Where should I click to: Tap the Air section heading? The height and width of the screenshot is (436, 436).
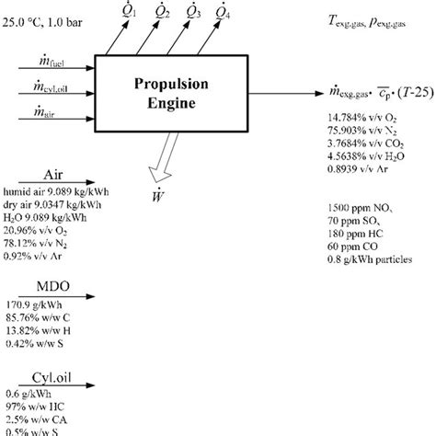coord(52,173)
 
